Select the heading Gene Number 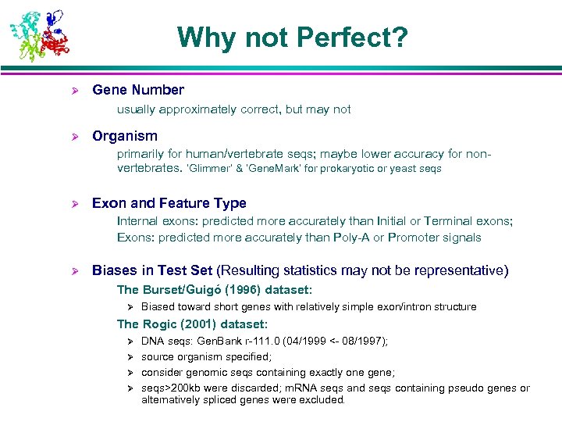pyautogui.click(x=138, y=90)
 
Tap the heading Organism pyautogui.click(x=125, y=136)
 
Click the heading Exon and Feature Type pyautogui.click(x=169, y=203)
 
